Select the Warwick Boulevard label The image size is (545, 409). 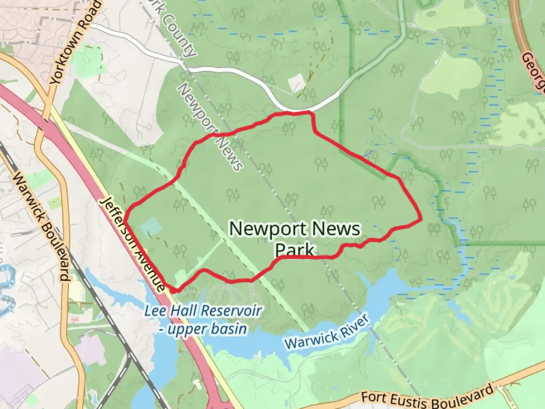pyautogui.click(x=42, y=227)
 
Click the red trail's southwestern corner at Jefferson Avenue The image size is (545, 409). pyautogui.click(x=174, y=290)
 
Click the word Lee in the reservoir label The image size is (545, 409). pyautogui.click(x=156, y=311)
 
